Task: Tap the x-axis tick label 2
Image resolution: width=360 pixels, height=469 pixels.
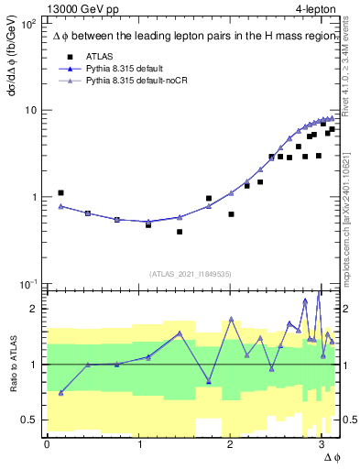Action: pyautogui.click(x=230, y=444)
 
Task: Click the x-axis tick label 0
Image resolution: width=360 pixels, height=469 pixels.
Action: pyautogui.click(x=47, y=444)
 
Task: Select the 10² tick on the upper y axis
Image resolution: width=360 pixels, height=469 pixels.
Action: pyautogui.click(x=30, y=24)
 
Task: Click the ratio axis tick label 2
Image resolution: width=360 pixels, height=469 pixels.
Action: pyautogui.click(x=35, y=309)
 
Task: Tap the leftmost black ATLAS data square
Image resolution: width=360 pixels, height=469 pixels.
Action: pyautogui.click(x=60, y=193)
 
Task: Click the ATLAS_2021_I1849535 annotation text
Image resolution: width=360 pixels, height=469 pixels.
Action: pyautogui.click(x=191, y=272)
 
